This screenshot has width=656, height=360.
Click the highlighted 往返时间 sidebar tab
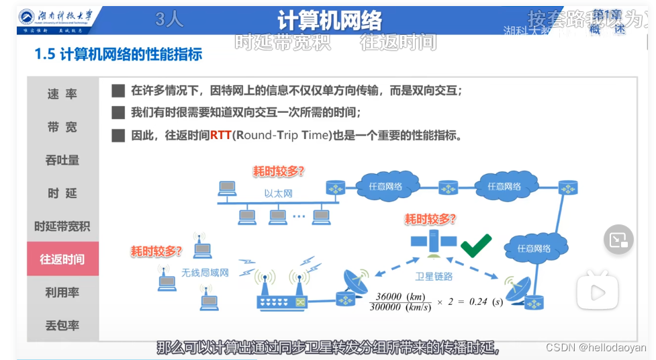point(62,259)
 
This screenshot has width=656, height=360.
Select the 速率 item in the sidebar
point(62,94)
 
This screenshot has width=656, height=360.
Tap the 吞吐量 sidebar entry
point(62,160)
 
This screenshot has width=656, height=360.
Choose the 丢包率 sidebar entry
point(62,325)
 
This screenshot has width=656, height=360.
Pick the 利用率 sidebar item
point(62,292)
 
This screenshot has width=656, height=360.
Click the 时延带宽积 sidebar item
point(62,226)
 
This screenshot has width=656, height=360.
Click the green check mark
point(476,245)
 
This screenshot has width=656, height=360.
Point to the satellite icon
point(433,242)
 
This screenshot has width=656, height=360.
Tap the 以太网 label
point(278,193)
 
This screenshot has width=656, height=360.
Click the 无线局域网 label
point(205,273)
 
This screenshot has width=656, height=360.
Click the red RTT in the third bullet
point(220,135)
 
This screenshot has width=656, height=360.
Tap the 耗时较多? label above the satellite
point(430,219)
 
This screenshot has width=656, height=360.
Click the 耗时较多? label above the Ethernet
point(279,171)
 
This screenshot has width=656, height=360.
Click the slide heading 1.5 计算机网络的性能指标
point(118,54)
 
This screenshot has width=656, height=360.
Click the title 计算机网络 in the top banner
point(329,20)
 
